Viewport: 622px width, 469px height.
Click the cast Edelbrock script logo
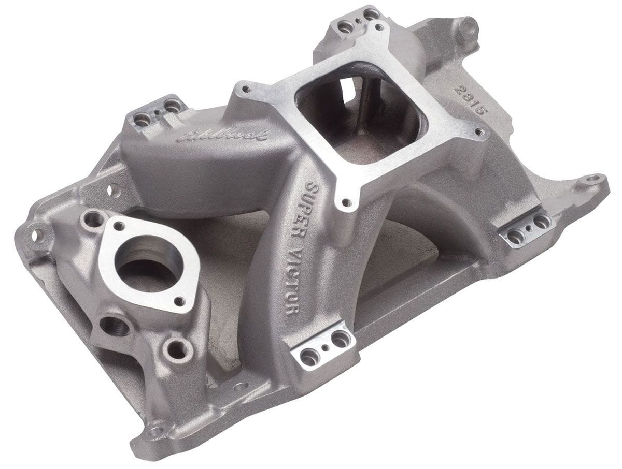point(223,136)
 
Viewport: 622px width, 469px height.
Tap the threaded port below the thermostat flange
point(115,327)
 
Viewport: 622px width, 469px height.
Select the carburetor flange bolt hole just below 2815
point(480,129)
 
